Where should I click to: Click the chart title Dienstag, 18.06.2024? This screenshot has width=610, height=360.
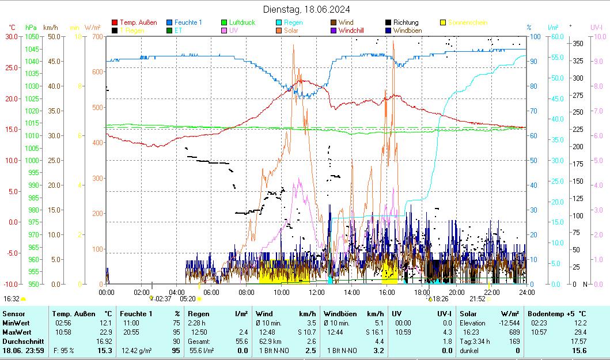306,9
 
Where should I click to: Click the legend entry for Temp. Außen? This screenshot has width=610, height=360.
138,22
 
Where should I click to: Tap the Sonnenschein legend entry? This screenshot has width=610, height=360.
467,22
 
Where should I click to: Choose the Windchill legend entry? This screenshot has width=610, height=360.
355,30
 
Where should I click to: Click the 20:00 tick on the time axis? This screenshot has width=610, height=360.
457,292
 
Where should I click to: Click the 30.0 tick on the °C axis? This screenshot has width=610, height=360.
12,36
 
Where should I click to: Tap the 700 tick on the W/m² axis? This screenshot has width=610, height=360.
97,36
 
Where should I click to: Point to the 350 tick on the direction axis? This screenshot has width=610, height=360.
578,44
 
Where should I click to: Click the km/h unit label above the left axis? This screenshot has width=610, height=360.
51,27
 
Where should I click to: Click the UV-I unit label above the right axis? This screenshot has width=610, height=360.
596,27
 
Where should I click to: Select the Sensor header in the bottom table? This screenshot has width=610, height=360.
13,313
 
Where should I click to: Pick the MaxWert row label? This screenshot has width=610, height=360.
16,332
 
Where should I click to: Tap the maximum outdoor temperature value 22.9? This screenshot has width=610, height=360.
104,332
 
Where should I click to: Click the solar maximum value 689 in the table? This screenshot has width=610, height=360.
514,332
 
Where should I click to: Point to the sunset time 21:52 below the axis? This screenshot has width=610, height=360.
477,299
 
